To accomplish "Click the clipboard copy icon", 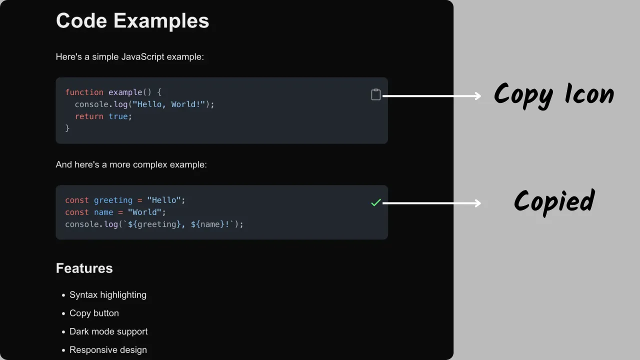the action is [375, 94].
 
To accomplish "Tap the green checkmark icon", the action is [376, 202].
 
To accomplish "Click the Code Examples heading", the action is [132, 21].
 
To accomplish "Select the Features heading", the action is [84, 268].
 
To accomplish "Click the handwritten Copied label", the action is [554, 202].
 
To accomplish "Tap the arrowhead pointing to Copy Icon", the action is [477, 96].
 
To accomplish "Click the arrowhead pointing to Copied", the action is [477, 203].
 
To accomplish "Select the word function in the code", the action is [84, 92].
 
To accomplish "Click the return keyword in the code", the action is [89, 116].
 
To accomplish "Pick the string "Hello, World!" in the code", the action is [169, 104].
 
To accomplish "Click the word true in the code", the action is [118, 116].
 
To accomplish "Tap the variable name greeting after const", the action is [113, 200].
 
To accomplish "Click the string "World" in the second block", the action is [144, 212].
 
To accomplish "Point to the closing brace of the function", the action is [67, 128].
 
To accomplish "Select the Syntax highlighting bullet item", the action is [108, 295].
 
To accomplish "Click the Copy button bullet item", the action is [94, 313].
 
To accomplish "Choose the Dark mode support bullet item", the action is [108, 331].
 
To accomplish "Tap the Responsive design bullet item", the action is [108, 349].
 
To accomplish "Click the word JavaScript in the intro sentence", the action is [143, 57].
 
